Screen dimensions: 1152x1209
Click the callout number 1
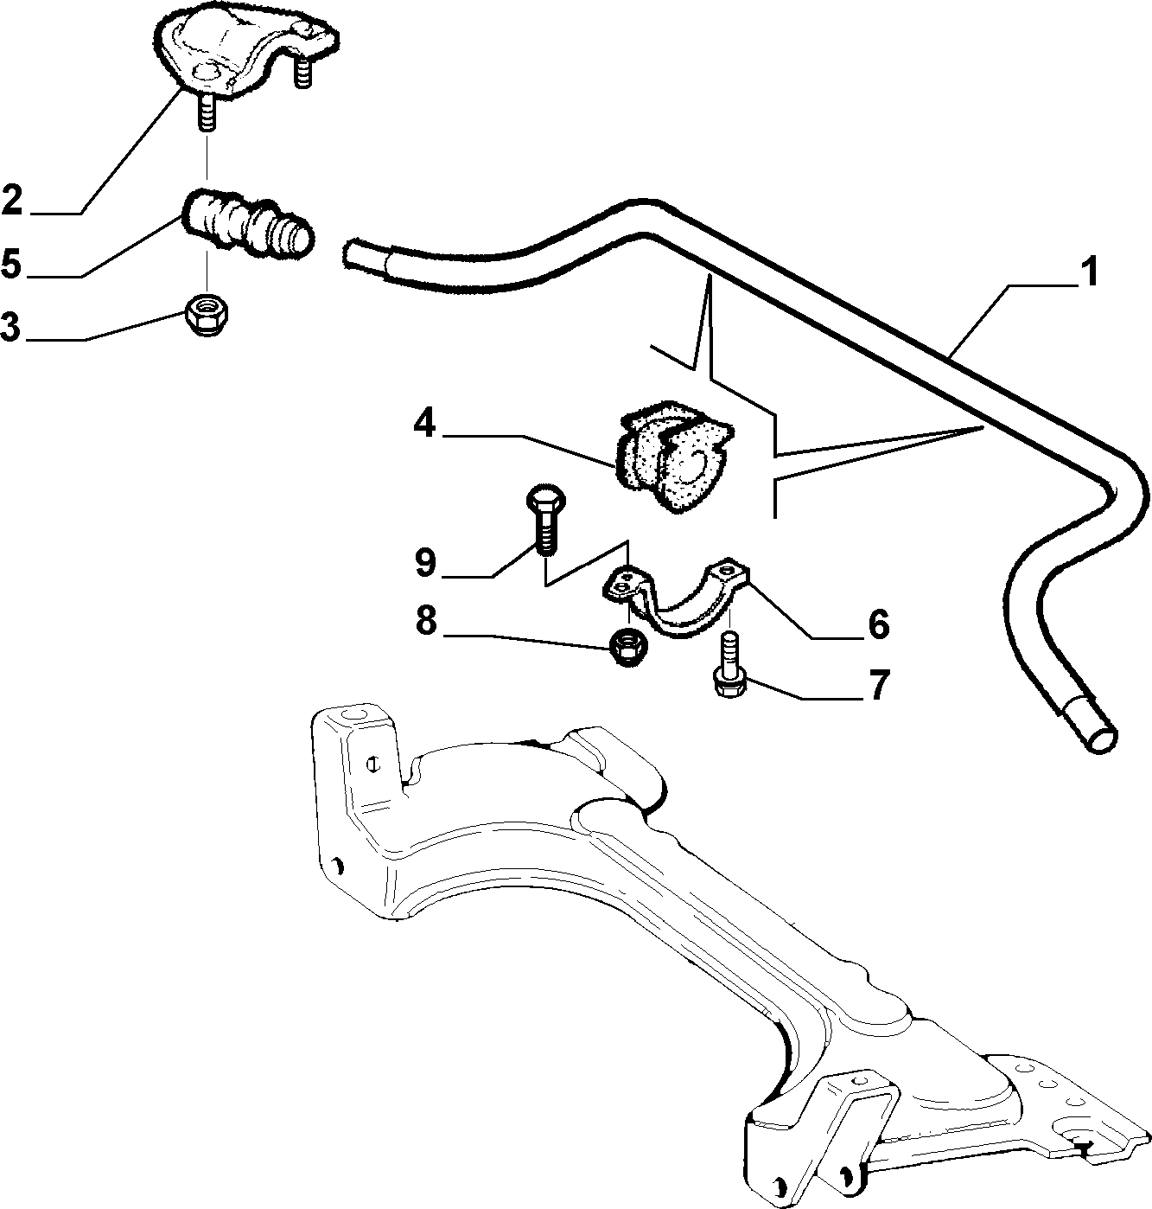(1088, 272)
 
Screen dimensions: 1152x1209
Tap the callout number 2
(12, 199)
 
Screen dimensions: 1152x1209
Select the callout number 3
(10, 326)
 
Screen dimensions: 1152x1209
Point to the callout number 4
(423, 424)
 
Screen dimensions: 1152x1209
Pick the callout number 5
(11, 263)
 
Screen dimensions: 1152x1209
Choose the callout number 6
(878, 624)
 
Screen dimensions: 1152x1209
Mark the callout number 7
(879, 686)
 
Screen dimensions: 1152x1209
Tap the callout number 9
(425, 563)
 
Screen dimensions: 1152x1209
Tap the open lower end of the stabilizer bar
(1097, 737)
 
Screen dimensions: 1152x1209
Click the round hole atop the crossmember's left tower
(356, 714)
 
